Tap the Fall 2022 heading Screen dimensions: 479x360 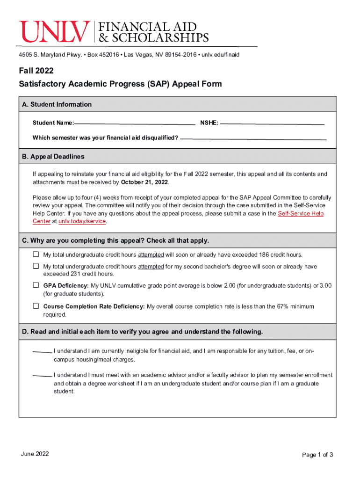pos(36,71)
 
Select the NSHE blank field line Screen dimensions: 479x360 pos(272,124)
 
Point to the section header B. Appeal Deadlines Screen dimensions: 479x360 pos(53,157)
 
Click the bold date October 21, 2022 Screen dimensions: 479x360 pos(144,182)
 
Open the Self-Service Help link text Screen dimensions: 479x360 pos(300,213)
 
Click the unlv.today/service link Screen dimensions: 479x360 pos(82,221)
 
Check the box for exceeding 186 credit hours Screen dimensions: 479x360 pos(36,255)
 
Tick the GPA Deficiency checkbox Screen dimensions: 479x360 pos(36,285)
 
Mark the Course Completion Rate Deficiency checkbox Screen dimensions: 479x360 pos(36,306)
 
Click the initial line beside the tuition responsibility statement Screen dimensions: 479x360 pos(42,352)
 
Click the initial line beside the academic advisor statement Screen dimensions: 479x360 pos(42,376)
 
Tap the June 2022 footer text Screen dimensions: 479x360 pos(35,454)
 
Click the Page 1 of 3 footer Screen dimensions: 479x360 pos(317,455)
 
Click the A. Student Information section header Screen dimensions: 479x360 pos(57,104)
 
